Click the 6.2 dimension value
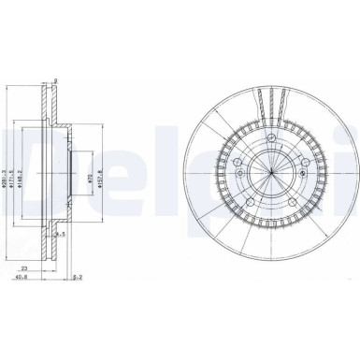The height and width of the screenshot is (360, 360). (79, 278)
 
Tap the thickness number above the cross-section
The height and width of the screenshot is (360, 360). (57, 81)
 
